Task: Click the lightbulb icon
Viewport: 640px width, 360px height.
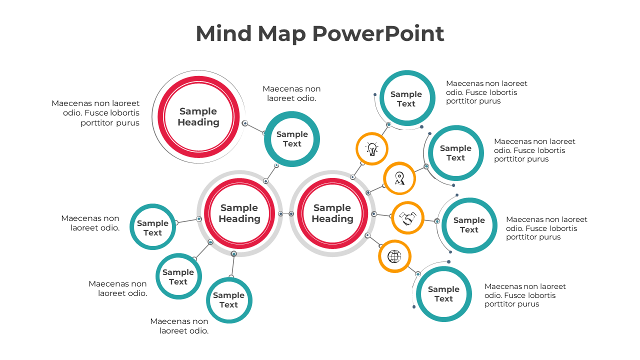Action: [x=372, y=148]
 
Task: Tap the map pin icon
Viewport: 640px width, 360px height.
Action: [x=399, y=178]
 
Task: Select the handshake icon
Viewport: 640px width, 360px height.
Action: [x=407, y=218]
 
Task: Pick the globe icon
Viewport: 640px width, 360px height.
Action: [x=394, y=256]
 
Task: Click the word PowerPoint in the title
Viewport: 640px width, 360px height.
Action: [x=378, y=33]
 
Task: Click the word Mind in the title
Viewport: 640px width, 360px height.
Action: [x=223, y=33]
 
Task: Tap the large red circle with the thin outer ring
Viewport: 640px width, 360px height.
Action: [x=198, y=116]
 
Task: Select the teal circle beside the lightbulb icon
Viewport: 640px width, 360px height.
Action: [x=406, y=98]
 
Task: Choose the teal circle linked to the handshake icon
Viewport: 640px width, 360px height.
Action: [x=469, y=225]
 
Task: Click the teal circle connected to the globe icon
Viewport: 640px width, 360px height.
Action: [x=443, y=294]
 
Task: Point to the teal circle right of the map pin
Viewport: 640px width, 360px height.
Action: [x=455, y=153]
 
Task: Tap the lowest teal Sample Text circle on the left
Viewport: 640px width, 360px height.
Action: [x=229, y=300]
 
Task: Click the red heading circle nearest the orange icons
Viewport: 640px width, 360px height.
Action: [x=332, y=213]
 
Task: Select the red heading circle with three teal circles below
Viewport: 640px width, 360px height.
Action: [x=239, y=213]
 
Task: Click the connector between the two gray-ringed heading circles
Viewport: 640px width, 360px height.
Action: [x=286, y=214]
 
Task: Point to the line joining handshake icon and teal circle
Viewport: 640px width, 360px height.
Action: [x=430, y=220]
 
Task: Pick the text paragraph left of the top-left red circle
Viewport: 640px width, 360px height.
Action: [x=95, y=112]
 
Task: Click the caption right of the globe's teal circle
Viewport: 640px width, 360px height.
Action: [x=525, y=295]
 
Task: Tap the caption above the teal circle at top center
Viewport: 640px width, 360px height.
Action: [x=291, y=93]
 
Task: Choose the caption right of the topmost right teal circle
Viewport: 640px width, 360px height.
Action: [x=486, y=92]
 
